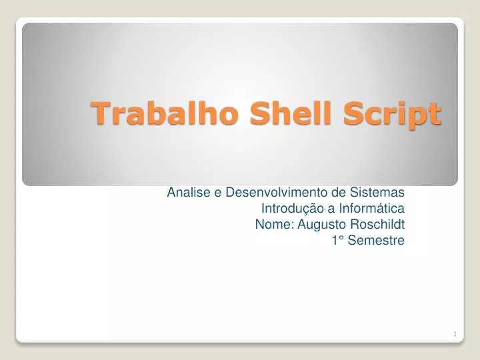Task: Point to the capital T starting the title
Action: click(100, 113)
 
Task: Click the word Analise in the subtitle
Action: click(189, 193)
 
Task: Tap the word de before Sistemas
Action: click(340, 193)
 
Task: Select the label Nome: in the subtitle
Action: click(275, 225)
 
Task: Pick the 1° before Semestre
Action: click(337, 241)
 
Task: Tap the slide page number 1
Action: click(454, 334)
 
